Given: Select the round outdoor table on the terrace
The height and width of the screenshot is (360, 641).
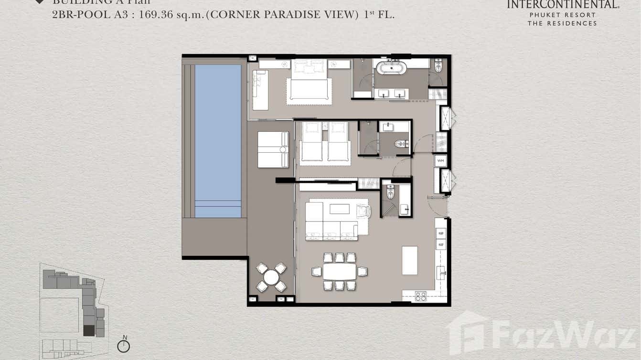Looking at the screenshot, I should coord(271,277).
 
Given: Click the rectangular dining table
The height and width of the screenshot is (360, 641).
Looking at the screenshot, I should coord(340,272).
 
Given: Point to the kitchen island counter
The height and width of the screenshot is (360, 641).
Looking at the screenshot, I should coord(409,260).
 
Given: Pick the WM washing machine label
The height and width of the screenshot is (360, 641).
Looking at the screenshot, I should coord(440,161).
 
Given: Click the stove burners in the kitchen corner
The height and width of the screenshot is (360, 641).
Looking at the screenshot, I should coord(420,296).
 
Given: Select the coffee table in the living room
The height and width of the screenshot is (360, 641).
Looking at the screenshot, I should coord(339,209).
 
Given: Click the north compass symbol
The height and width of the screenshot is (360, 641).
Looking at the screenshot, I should coord(124,346).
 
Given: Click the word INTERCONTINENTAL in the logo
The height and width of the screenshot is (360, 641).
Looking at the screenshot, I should coord(563,5).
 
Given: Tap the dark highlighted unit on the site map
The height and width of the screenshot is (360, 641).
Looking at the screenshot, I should coord(89,330).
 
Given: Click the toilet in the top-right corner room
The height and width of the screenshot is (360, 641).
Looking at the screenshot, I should coord(438,66).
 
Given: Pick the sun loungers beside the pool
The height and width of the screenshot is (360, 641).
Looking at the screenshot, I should coord(273,149).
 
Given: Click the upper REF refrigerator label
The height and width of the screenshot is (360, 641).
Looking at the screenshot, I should coord(440,234).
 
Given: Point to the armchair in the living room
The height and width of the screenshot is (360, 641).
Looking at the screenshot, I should coord(363,211).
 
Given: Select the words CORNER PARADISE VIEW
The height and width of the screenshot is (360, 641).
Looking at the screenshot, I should coord(284,14).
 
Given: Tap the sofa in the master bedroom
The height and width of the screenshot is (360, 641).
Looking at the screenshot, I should coord(260,90).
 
